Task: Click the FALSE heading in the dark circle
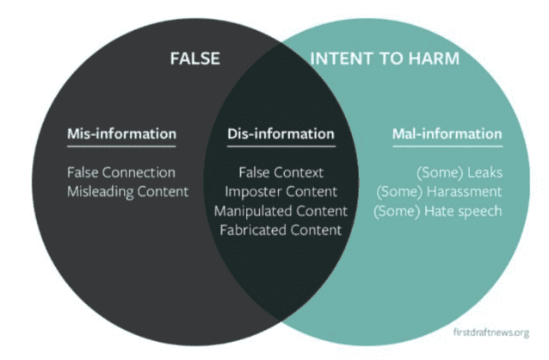click(194, 59)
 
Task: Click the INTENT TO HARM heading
click(384, 59)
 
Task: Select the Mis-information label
click(121, 134)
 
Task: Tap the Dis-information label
click(280, 134)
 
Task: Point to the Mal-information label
click(447, 134)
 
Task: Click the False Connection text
click(121, 172)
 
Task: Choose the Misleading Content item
click(127, 191)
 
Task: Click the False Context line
click(281, 172)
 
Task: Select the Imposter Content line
click(281, 191)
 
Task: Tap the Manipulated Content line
click(281, 210)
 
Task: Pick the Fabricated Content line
click(281, 230)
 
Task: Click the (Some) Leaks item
click(460, 172)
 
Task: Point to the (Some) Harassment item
click(439, 191)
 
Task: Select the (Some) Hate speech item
click(437, 210)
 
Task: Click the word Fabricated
click(253, 230)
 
